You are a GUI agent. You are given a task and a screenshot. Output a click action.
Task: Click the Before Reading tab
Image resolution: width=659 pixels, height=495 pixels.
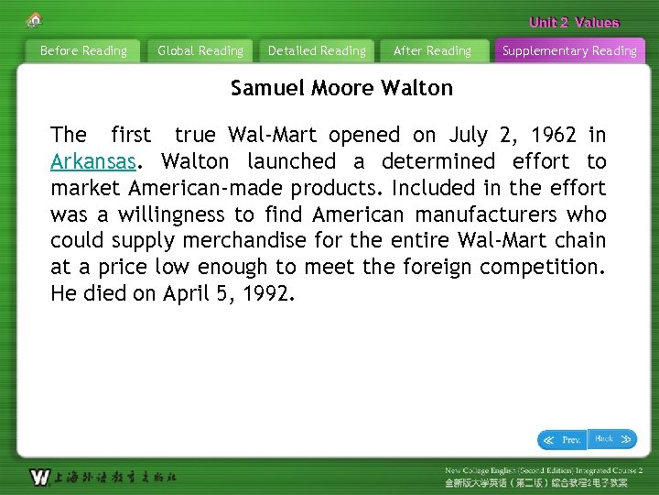83,51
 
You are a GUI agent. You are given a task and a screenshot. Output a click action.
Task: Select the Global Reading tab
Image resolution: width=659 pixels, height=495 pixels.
200,51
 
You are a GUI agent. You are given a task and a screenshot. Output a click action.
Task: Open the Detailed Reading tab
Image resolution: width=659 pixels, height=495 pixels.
317,51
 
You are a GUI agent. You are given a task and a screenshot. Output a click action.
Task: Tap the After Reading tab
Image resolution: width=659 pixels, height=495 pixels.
432,51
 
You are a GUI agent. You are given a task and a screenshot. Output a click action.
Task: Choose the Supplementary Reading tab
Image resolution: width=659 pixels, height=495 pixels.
569,51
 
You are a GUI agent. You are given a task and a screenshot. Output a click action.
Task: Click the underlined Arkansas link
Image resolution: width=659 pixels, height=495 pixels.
93,162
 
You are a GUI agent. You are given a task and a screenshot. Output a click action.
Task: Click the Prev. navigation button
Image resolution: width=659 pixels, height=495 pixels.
562,440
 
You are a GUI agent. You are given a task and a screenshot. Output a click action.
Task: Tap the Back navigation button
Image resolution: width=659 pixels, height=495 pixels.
612,439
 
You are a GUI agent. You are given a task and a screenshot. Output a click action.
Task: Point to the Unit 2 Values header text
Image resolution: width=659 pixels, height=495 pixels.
574,23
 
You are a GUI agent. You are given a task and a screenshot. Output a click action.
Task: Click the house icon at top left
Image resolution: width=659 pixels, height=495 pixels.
35,19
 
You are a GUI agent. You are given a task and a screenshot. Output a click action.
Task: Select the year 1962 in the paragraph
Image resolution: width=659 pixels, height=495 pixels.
547,136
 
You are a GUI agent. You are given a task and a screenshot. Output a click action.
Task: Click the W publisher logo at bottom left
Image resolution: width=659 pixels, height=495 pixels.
40,477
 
